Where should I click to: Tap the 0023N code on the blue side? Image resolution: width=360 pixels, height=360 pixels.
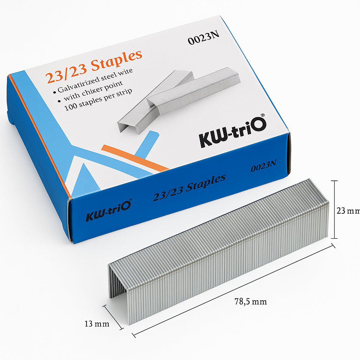pyautogui.click(x=264, y=165)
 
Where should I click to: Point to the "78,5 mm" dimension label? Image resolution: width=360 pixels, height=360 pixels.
pyautogui.click(x=250, y=301)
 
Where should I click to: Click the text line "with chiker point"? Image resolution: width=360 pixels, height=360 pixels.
pyautogui.click(x=93, y=90)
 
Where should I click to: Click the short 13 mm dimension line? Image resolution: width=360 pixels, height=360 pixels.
pyautogui.click(x=114, y=317)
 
